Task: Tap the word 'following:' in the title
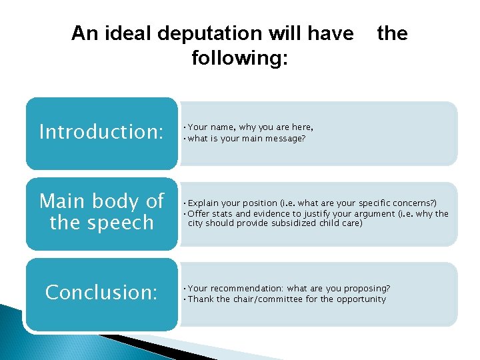pos(239,58)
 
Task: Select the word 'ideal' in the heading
pos(129,33)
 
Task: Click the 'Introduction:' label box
pos(101,132)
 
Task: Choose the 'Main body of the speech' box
pos(101,212)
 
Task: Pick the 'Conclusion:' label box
pos(101,292)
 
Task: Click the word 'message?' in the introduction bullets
pos(283,138)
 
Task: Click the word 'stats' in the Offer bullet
pos(225,213)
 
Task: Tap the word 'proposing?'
pos(367,289)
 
